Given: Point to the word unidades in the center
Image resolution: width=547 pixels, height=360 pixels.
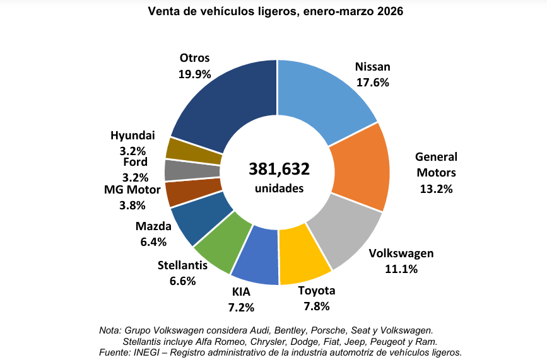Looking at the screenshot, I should (279, 188).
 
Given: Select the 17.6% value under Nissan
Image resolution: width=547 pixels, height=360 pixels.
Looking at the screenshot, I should (372, 82).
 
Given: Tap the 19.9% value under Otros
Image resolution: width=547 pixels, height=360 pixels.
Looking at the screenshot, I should (194, 74).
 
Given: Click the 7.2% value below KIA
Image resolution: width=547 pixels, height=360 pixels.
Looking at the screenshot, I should (241, 308).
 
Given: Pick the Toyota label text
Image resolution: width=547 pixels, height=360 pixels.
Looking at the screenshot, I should (316, 291).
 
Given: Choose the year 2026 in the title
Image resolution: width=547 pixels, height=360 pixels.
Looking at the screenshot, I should (390, 11).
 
